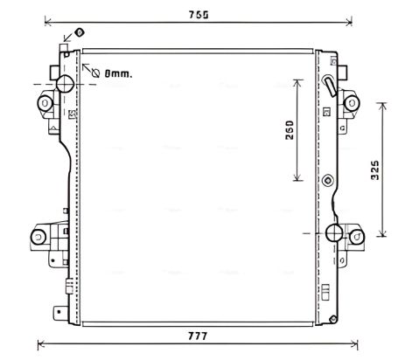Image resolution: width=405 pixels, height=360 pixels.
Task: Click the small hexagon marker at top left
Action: pos(80,32)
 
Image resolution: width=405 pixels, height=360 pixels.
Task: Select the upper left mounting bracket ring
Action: pos(44,103)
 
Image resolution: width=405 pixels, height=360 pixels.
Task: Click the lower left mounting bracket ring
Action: pos(39,237)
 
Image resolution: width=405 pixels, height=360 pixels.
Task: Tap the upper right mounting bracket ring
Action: pos(354,102)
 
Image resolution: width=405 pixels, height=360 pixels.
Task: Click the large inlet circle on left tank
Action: pos(65,84)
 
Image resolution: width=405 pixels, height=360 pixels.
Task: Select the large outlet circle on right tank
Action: pos(334,232)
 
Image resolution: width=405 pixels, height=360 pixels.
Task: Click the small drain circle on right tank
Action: pos(327,182)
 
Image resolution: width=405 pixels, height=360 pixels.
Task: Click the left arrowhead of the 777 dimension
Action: pos(43,343)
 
